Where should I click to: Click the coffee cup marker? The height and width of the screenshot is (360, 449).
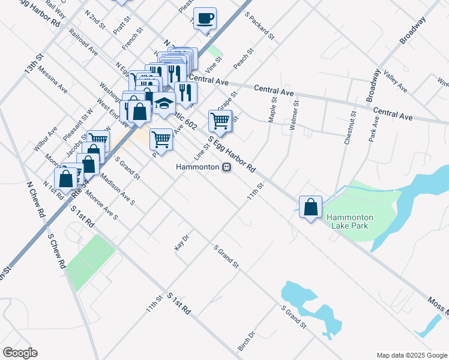pyautogui.click(x=205, y=19)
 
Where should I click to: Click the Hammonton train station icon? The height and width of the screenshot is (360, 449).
pyautogui.click(x=226, y=167)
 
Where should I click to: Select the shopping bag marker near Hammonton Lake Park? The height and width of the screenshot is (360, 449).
pyautogui.click(x=311, y=208)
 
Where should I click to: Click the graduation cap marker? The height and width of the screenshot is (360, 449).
pyautogui.click(x=164, y=103)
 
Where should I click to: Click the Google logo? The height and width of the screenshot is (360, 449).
pyautogui.click(x=20, y=353)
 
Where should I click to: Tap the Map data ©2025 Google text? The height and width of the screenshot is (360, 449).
pyautogui.click(x=411, y=355)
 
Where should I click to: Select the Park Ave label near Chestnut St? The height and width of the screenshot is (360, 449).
pyautogui.click(x=375, y=127)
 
